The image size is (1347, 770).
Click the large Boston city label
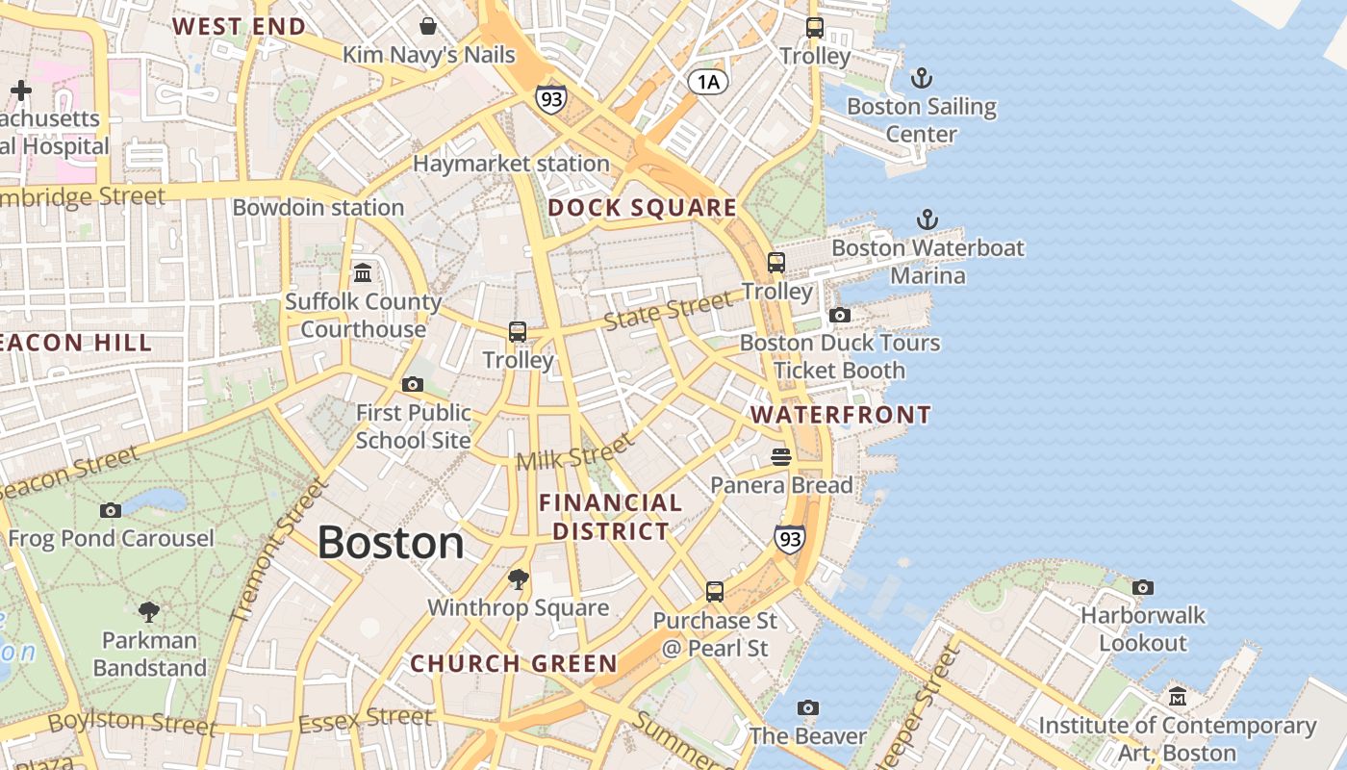coord(391,543)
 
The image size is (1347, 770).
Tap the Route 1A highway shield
coord(707,82)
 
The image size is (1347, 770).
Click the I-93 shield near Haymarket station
coord(551,98)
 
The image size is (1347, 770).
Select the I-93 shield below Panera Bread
coord(789,539)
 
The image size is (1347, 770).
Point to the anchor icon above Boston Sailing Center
coord(922,78)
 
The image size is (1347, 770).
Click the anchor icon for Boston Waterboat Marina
coord(927,219)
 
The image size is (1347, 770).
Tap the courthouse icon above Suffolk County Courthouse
coord(363,273)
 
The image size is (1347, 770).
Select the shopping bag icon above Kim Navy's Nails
coord(428,25)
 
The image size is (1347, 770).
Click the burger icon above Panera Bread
coord(780,456)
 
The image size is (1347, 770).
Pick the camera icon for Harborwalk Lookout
coord(1142,587)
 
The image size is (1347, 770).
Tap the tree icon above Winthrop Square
coord(519,578)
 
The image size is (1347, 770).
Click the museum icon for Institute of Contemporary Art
coord(1177,696)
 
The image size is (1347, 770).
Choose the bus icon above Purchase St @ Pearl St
coord(714,591)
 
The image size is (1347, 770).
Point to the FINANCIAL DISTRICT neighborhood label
coord(610,517)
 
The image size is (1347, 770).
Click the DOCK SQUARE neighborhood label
coord(642,208)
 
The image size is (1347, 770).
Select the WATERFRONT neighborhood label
coord(841,415)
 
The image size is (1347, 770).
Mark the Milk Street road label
coord(575,450)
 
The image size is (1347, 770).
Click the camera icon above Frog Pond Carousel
coord(111,510)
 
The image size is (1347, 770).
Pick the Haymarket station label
coord(511,164)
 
